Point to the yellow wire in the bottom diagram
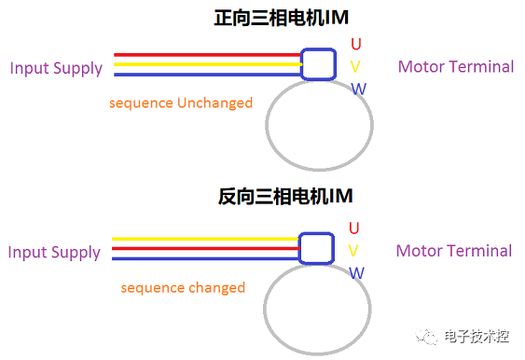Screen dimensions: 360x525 205,239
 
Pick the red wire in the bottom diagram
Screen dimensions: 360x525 205,248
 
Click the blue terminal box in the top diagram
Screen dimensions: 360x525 318,64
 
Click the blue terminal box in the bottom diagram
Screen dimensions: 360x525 317,248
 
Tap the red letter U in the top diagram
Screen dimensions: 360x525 355,43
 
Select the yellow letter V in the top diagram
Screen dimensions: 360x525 355,66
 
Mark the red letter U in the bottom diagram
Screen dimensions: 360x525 354,228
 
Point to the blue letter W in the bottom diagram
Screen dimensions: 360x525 357,272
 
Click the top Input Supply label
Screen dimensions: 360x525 55,68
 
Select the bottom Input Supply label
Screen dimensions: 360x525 54,253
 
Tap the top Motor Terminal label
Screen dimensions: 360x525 456,67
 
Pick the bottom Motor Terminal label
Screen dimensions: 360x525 454,251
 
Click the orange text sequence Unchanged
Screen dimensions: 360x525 181,103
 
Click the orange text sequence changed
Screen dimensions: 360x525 183,288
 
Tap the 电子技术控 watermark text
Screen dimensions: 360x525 477,337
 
